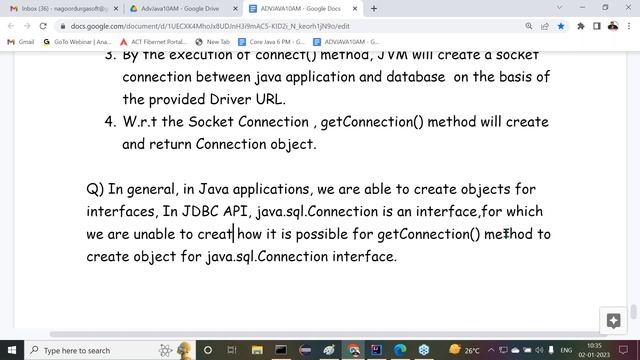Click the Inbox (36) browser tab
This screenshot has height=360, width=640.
tap(60, 8)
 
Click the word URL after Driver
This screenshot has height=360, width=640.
tap(269, 99)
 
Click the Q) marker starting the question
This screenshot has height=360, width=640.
tap(95, 189)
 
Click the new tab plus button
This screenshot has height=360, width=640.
tap(373, 8)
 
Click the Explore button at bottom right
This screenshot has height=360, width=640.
tap(614, 321)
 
